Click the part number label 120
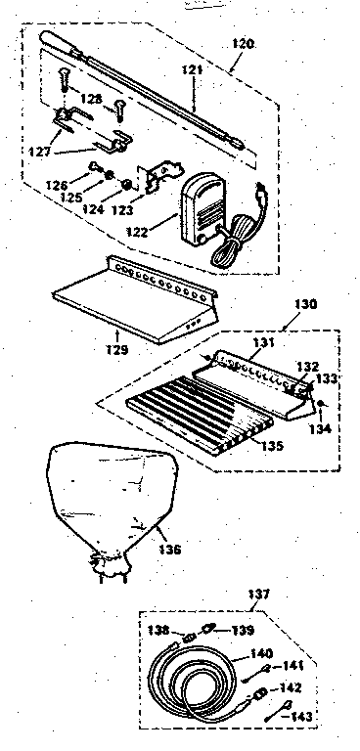click(x=244, y=45)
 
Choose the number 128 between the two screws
click(x=90, y=101)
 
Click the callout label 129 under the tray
click(x=117, y=348)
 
